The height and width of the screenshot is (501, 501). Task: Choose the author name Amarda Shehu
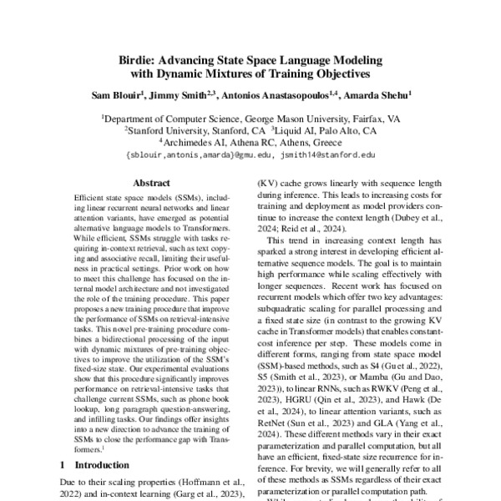click(382, 96)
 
